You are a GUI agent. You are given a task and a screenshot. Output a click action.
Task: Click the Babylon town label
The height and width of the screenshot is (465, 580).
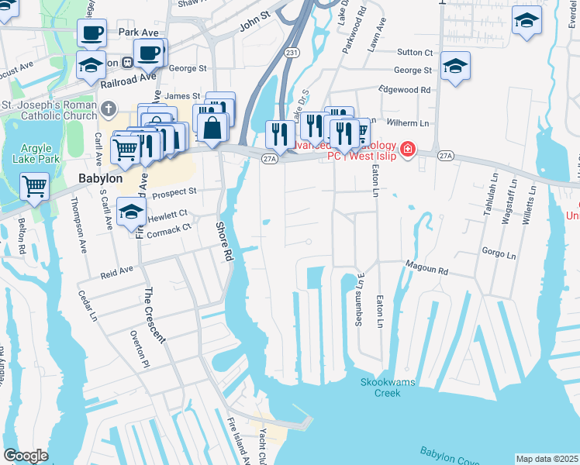pyautogui.click(x=101, y=178)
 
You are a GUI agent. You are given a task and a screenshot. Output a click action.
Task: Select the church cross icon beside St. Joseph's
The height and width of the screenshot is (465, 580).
pyautogui.click(x=109, y=108)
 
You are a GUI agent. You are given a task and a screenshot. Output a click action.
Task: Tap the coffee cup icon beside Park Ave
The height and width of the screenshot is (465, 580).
pyautogui.click(x=91, y=33)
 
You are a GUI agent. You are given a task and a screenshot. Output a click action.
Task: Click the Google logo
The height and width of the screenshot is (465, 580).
pyautogui.click(x=26, y=456)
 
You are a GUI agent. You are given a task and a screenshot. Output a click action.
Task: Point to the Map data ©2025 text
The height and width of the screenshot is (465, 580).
pyautogui.click(x=547, y=459)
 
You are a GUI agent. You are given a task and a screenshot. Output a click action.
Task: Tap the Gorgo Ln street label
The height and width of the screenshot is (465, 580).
pyautogui.click(x=499, y=253)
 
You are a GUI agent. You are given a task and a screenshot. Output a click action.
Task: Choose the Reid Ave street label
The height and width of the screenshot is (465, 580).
pyautogui.click(x=116, y=270)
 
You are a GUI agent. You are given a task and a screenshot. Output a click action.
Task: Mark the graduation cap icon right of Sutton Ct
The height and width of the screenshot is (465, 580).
pyautogui.click(x=455, y=66)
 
